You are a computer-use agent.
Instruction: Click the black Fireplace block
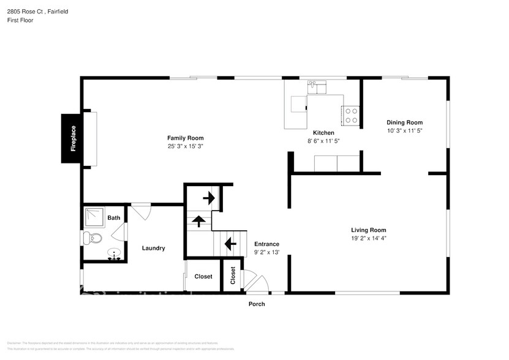(x=72, y=138)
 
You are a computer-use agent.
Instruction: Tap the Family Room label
(x=185, y=138)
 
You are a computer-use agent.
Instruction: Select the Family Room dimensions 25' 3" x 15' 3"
(x=185, y=146)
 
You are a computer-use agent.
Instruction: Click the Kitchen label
(x=323, y=133)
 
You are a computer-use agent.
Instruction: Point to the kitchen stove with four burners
(x=352, y=116)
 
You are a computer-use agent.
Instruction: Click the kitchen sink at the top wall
(x=311, y=86)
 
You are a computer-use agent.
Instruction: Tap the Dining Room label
(x=404, y=122)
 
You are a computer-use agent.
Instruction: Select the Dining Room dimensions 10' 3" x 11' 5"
(x=404, y=130)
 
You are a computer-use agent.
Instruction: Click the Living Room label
(x=368, y=230)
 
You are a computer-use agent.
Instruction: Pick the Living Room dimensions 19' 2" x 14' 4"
(x=368, y=239)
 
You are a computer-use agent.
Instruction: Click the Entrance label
(x=266, y=244)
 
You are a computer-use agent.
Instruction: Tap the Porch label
(x=257, y=304)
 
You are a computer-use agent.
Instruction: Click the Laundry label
(x=153, y=248)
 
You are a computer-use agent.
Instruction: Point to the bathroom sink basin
(x=113, y=253)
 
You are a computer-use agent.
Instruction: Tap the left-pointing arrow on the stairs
(x=230, y=245)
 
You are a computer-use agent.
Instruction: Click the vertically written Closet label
(x=233, y=276)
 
